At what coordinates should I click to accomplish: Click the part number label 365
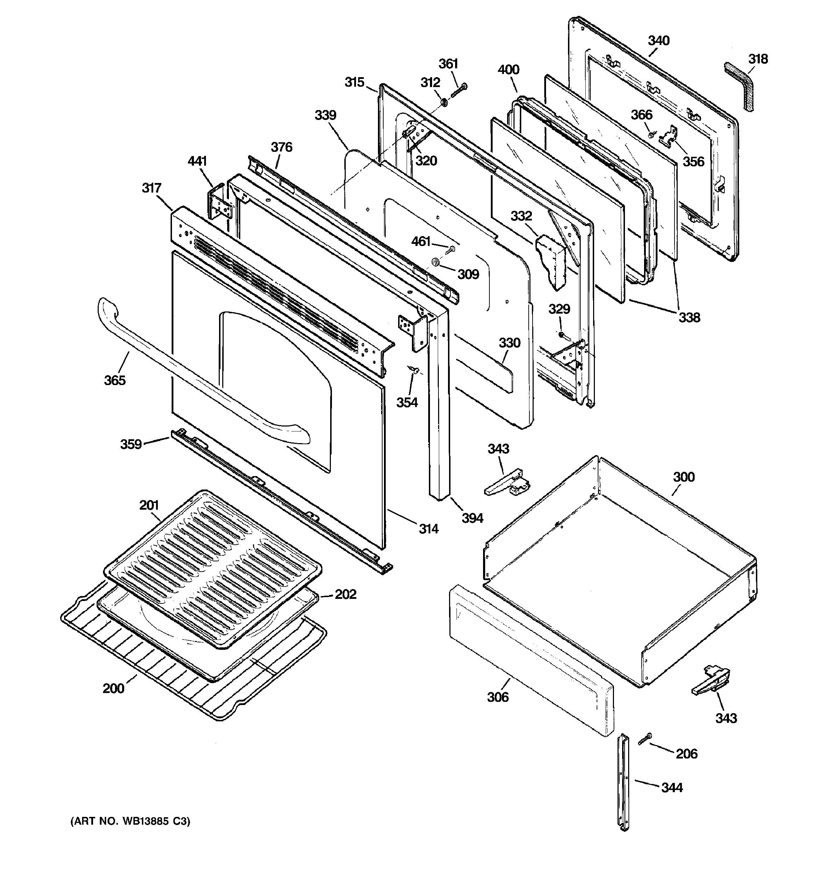115,380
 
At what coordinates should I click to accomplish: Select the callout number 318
758,59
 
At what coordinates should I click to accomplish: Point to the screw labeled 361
458,90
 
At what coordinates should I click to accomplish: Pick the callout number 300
683,477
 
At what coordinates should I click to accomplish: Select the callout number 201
149,505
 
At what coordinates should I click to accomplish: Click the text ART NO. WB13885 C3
131,821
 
